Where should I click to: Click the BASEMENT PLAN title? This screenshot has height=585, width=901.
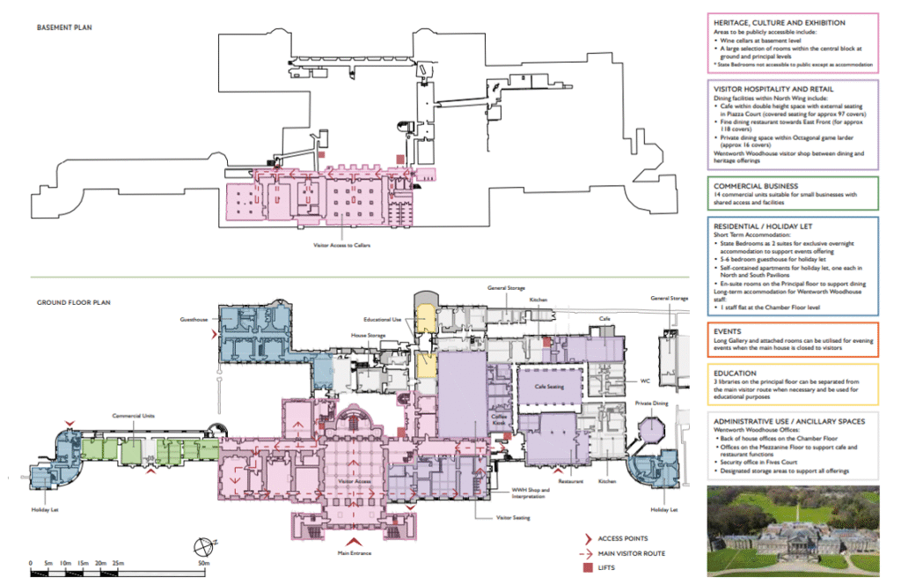64,27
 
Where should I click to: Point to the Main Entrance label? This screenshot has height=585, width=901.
355,553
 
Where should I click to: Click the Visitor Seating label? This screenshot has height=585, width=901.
514,518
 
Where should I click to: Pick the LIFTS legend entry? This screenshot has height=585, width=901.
610,567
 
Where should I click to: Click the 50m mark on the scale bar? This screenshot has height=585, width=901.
203,563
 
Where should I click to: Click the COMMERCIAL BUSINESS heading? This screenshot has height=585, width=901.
756,186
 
